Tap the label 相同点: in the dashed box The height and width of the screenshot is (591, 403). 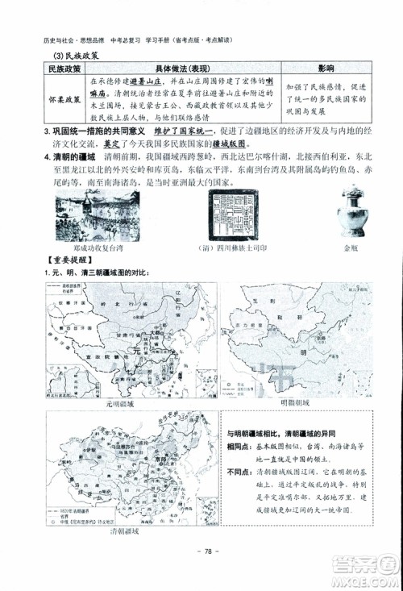[241, 447]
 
